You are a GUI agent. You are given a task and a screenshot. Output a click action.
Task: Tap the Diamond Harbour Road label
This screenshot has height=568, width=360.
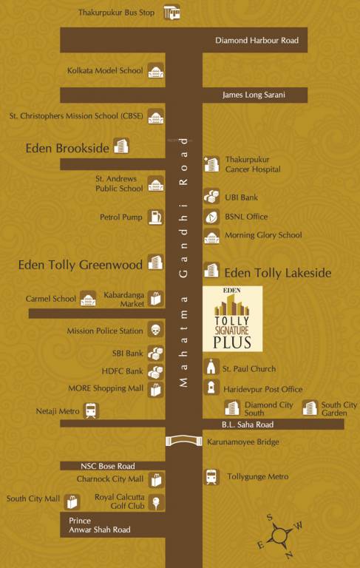[257, 40]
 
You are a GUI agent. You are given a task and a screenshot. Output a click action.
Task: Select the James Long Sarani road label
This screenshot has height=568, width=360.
[254, 95]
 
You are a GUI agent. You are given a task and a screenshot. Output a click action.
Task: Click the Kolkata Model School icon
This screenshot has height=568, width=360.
[155, 71]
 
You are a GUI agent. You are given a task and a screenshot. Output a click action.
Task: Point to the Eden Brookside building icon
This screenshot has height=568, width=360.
[120, 146]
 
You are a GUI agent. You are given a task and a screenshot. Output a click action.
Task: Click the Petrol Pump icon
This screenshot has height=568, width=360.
[155, 217]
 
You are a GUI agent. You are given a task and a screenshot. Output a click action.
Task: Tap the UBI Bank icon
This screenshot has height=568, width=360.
[211, 197]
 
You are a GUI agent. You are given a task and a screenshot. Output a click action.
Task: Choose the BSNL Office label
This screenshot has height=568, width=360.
[246, 217]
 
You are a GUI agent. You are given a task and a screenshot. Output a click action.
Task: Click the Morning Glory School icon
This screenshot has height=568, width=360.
[211, 236]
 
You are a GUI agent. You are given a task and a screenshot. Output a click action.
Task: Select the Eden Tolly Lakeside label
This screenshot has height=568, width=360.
[277, 273]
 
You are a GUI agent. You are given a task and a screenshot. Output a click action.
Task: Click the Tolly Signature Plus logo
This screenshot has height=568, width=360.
[231, 317]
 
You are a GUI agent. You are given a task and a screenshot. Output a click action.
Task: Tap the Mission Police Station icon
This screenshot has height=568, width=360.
[155, 331]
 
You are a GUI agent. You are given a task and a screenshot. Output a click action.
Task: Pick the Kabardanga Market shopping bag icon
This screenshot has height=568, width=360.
[155, 298]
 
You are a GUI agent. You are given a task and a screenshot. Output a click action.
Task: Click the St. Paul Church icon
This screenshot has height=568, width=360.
[211, 368]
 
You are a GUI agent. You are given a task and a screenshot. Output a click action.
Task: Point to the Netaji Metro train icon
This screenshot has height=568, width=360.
[91, 410]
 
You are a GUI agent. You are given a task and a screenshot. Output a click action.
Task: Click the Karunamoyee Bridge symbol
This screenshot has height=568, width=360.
[183, 442]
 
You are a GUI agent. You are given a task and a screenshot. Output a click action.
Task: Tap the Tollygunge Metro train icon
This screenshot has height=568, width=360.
[211, 477]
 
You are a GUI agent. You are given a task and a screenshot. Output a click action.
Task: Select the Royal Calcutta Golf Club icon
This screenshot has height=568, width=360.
[156, 503]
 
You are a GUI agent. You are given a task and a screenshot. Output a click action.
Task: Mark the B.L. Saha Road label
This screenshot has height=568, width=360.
[248, 425]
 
